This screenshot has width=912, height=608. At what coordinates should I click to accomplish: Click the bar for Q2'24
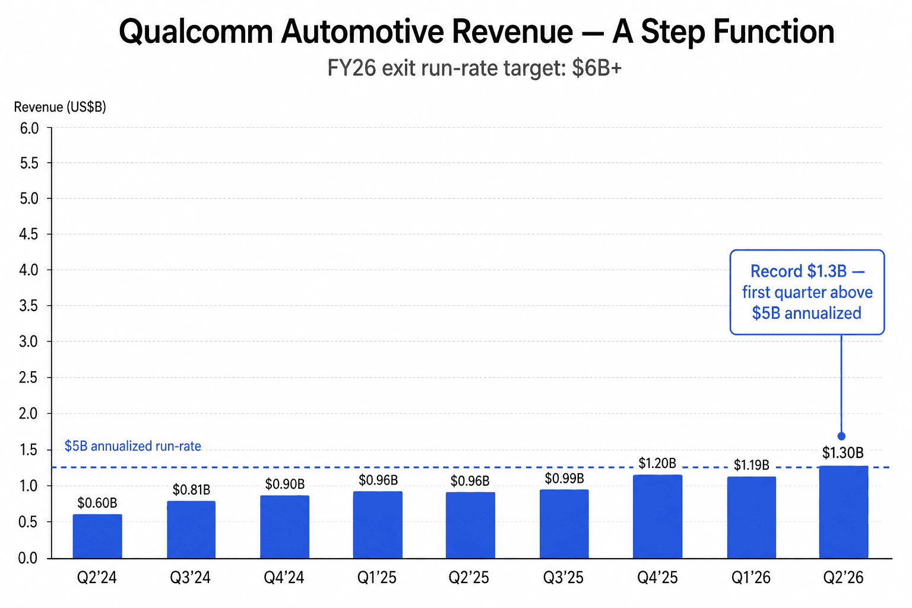coord(97,536)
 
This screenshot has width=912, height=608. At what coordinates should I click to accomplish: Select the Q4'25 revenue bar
coord(657,517)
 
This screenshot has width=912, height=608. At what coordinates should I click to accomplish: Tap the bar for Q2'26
coord(843,512)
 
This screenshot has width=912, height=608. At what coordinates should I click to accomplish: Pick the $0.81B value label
coord(191,490)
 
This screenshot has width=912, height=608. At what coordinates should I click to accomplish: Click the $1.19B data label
coord(751,465)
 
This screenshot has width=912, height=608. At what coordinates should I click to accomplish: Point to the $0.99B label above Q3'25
coord(564,478)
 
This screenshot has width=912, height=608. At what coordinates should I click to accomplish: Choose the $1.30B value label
coord(843,453)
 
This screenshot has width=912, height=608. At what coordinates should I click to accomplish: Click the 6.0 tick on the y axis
coord(29,128)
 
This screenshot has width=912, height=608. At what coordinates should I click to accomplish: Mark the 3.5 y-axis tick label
coord(29,306)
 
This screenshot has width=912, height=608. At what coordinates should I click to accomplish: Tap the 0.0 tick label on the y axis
coord(28,558)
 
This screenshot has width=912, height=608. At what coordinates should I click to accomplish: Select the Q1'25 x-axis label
coord(377,577)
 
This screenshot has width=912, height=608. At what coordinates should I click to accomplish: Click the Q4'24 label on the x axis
coord(284,577)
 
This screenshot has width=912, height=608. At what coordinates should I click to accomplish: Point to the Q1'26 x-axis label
coord(750,577)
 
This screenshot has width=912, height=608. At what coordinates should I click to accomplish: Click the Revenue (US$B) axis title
coord(60,107)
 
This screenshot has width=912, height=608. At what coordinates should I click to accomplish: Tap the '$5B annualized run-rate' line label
coord(132,446)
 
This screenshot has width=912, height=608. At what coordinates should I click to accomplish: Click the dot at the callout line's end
coord(841,436)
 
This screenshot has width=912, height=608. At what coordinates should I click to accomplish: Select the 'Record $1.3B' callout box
coord(807,292)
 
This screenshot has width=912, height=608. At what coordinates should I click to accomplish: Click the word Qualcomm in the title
coord(196,32)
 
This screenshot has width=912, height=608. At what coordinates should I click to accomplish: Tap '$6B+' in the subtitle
coord(597,68)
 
